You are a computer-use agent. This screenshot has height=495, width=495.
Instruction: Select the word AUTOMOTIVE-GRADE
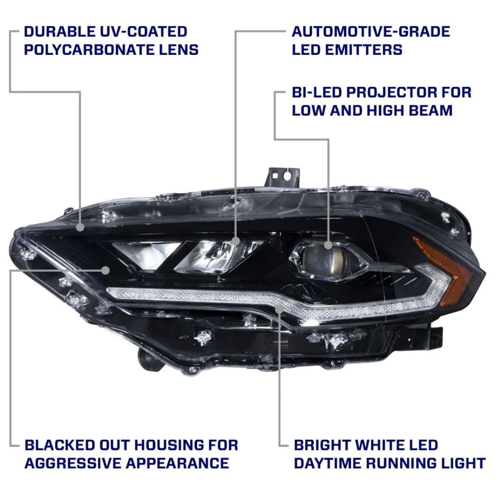[x=371, y=31]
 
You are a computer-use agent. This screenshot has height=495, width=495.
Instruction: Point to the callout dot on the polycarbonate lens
[x=80, y=227]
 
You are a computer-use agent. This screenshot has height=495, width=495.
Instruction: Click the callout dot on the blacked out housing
[x=106, y=270]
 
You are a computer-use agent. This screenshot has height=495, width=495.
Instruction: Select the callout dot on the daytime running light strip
[x=280, y=309]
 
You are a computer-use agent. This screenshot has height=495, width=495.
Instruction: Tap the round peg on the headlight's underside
[x=147, y=358]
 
